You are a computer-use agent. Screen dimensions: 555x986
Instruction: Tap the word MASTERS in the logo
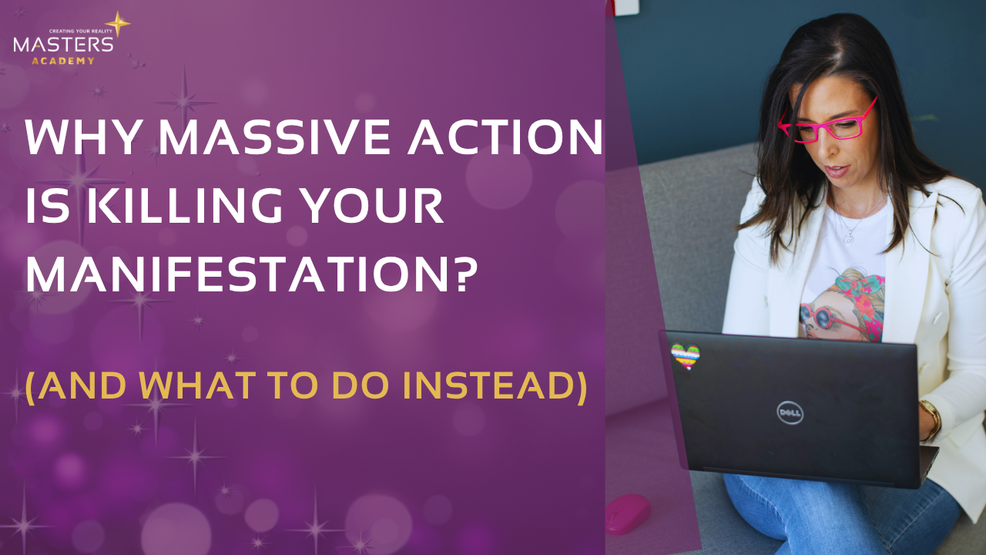[x=63, y=45]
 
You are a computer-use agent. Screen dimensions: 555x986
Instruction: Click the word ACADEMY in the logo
[x=63, y=60]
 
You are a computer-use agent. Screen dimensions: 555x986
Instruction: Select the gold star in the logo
[x=117, y=23]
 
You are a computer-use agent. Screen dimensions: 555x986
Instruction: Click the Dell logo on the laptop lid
[x=790, y=412]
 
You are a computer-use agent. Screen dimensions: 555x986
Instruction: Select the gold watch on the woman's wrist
[x=932, y=417]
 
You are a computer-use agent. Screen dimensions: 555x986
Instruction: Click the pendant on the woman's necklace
[x=847, y=238]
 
